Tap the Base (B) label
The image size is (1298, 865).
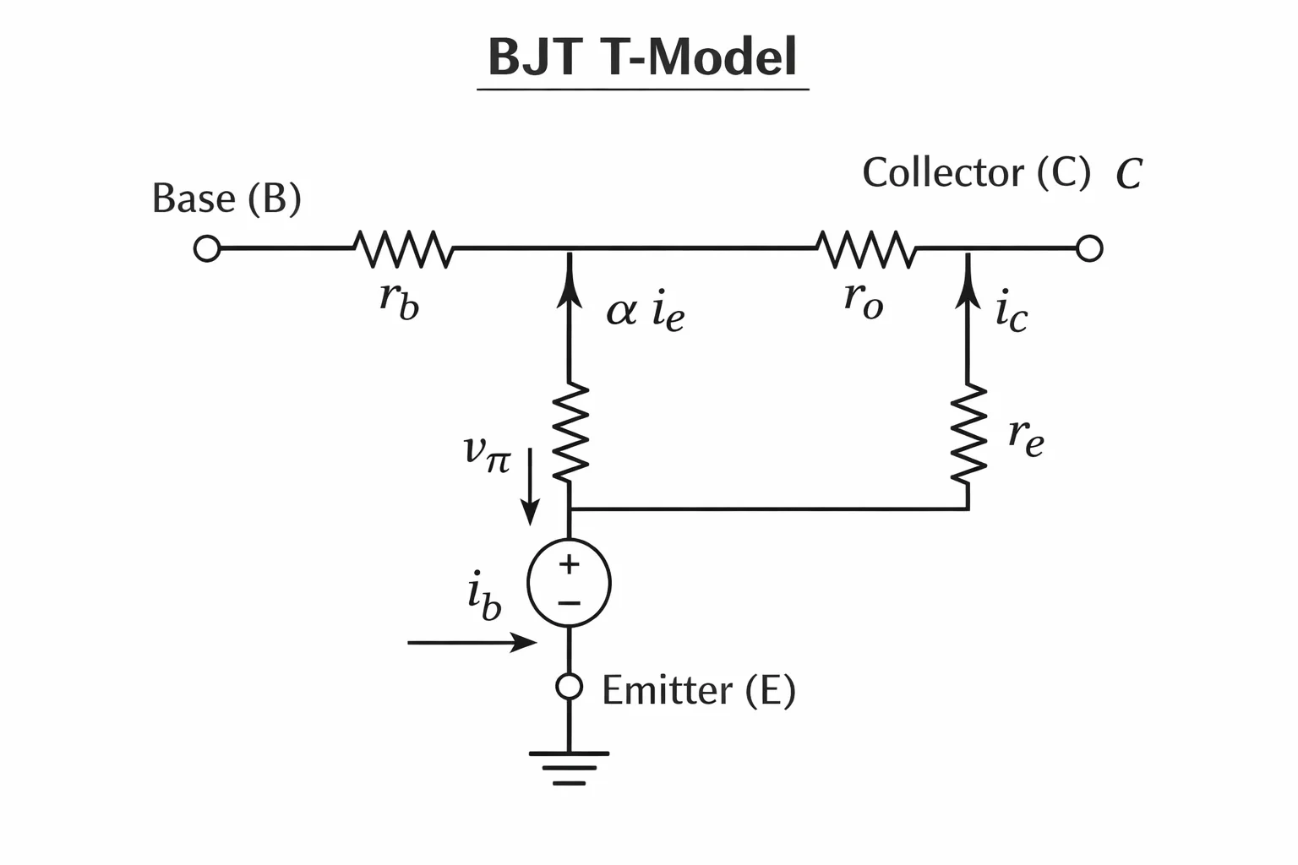pos(226,199)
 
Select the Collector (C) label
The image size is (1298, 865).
pos(976,172)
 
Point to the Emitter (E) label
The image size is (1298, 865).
pos(699,690)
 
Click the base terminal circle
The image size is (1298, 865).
pos(207,248)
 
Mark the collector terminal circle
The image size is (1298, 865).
pos(1089,248)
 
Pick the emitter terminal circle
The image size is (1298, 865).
pos(569,687)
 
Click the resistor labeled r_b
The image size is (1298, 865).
pos(404,249)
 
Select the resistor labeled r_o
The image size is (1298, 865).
pos(867,249)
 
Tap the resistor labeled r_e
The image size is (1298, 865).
pos(968,433)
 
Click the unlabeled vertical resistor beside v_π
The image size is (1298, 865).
pos(570,432)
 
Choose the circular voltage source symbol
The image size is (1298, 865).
pos(569,582)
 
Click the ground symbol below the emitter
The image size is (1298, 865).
pos(569,768)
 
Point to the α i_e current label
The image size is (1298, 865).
pos(646,311)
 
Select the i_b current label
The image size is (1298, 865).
pos(484,596)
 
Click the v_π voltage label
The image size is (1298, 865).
pos(488,454)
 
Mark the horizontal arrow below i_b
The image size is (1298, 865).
pos(472,643)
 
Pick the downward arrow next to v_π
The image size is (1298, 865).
pos(530,487)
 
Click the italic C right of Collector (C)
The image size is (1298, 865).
pos(1129,174)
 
